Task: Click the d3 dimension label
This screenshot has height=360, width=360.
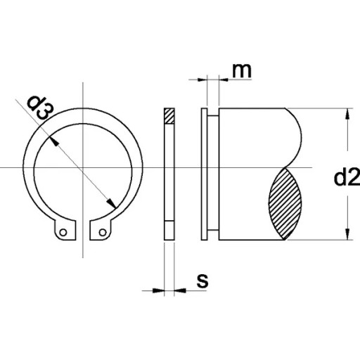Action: [x=40, y=108]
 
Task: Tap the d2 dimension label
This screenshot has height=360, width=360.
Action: [x=347, y=178]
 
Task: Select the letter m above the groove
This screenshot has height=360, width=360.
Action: [x=242, y=70]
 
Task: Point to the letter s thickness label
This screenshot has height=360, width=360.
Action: [x=202, y=281]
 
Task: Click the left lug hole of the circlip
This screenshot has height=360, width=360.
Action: [x=63, y=233]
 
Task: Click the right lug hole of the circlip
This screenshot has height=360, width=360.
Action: [x=103, y=233]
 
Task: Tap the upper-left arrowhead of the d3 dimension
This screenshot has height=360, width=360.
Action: [x=54, y=141]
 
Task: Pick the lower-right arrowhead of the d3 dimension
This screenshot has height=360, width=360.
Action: [x=111, y=203]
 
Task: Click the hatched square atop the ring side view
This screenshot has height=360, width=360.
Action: [x=169, y=116]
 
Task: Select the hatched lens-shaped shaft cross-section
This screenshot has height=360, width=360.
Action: [x=285, y=204]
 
